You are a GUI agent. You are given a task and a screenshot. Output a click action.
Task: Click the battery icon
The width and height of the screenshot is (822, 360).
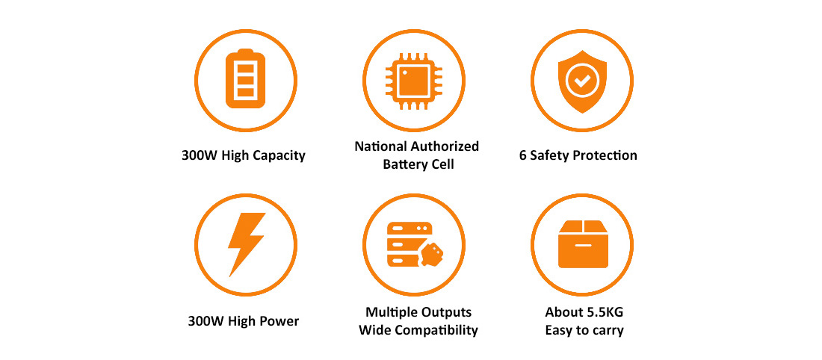click(x=245, y=78)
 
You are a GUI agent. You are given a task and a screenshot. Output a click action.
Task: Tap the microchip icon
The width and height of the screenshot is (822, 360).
click(x=414, y=81)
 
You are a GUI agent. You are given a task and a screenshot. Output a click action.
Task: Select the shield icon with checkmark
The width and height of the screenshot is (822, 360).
click(x=582, y=81)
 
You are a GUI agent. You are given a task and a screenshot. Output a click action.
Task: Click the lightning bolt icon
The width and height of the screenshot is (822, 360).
click(x=246, y=244)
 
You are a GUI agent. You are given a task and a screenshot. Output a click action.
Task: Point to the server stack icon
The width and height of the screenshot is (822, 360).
click(x=409, y=245)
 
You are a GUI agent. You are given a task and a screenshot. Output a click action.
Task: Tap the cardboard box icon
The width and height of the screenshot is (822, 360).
click(x=583, y=243)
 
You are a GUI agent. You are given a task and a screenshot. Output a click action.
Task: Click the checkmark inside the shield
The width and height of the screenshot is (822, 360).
click(x=582, y=80)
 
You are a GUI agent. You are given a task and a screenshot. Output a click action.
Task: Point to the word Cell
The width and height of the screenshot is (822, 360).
click(x=443, y=164)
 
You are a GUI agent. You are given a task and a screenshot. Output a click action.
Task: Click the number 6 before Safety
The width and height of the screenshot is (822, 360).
click(x=523, y=155)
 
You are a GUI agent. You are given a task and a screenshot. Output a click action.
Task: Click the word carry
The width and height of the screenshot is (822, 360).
click(x=608, y=331)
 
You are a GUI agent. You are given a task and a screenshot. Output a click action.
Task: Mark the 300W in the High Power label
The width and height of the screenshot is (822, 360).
click(x=201, y=320)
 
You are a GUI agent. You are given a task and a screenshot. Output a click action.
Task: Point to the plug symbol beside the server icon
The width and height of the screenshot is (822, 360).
click(x=431, y=255)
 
